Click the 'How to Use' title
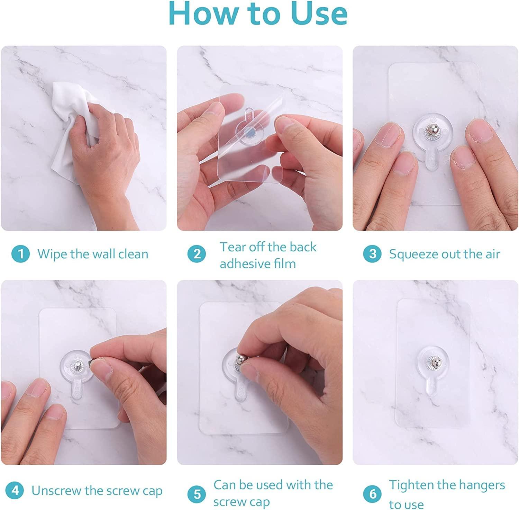(x=258, y=14)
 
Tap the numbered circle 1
(x=20, y=254)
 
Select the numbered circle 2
(x=197, y=254)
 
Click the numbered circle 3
(x=372, y=254)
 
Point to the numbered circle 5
(x=197, y=494)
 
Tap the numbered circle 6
(x=372, y=494)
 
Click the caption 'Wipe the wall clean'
(x=93, y=254)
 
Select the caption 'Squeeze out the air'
(x=445, y=254)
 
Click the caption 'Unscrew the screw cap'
(x=97, y=491)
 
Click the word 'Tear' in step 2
(x=231, y=247)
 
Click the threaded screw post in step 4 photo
(x=79, y=366)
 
